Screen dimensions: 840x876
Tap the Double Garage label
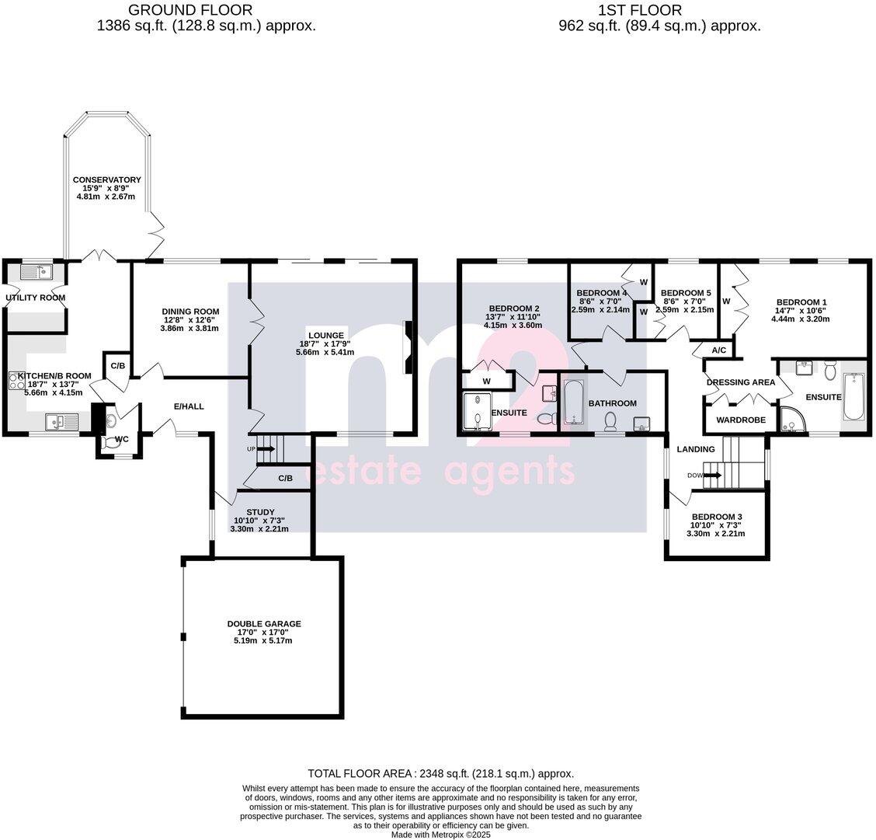pyautogui.click(x=263, y=624)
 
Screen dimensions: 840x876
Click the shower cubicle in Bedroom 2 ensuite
pyautogui.click(x=475, y=412)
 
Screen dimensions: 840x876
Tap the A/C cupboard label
pyautogui.click(x=718, y=350)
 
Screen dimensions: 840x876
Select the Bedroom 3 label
pyautogui.click(x=716, y=517)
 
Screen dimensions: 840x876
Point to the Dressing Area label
pyautogui.click(x=740, y=382)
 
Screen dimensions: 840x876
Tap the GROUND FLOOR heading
pyautogui.click(x=189, y=10)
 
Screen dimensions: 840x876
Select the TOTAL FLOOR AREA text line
pyautogui.click(x=440, y=773)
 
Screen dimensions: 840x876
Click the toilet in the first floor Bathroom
pyautogui.click(x=610, y=420)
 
